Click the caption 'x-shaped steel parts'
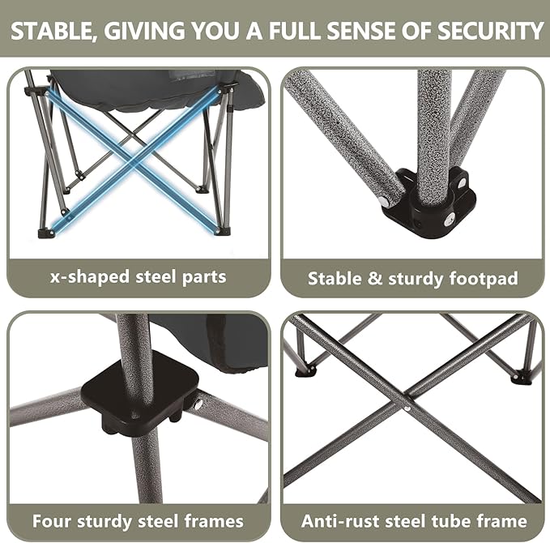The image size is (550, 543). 139,277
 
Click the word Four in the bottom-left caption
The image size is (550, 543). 53,520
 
